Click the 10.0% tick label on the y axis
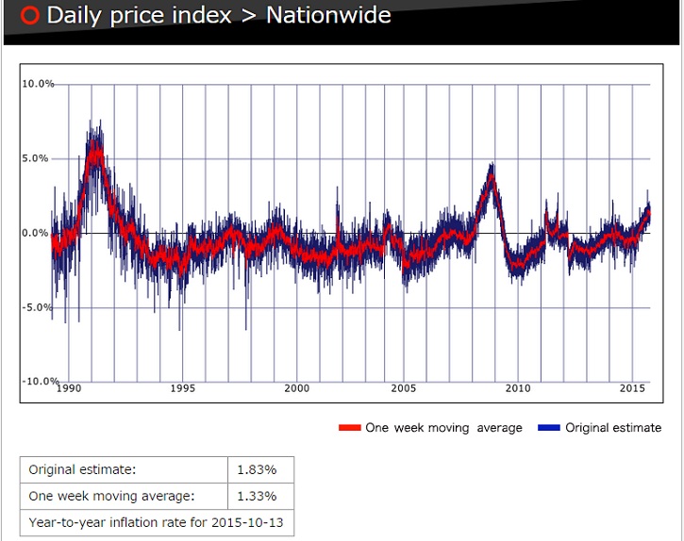(38, 84)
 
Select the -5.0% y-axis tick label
(38, 307)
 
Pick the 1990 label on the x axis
(70, 388)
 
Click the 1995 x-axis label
(183, 388)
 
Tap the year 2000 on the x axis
(296, 388)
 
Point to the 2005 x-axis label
(404, 388)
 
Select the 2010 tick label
(518, 388)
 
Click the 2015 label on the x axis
(632, 388)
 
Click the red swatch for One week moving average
(350, 428)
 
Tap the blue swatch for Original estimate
(549, 428)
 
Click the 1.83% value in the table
(260, 469)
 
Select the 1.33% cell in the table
(260, 497)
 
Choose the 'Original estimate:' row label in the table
(82, 469)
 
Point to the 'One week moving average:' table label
(111, 497)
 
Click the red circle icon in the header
(29, 16)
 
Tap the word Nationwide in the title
(328, 15)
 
